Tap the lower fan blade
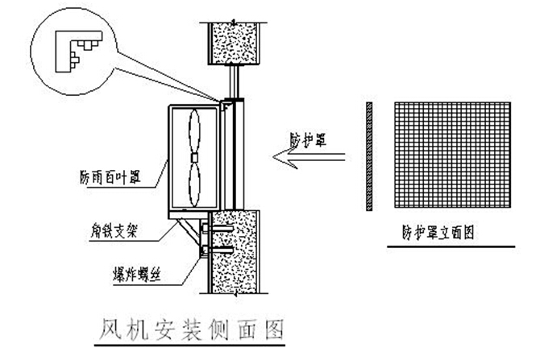point(195,182)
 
